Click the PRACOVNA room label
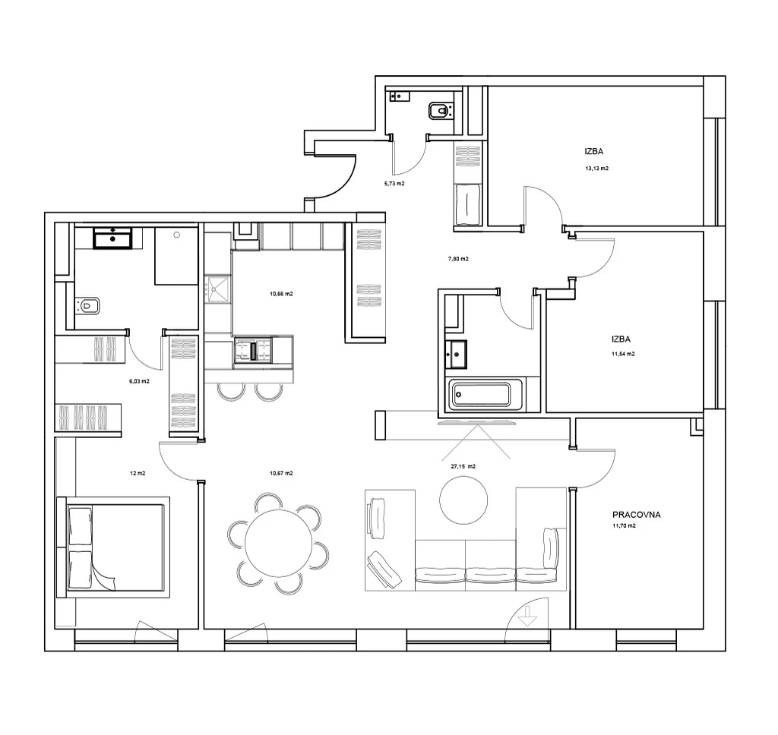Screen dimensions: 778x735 [636, 515]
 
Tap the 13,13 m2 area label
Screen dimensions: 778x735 [597, 168]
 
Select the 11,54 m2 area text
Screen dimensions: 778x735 [623, 354]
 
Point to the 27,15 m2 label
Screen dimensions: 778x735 [463, 466]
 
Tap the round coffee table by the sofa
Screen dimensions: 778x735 [463, 500]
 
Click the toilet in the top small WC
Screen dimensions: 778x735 [441, 110]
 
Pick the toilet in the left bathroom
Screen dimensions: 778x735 [87, 305]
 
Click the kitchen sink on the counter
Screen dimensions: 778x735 [218, 289]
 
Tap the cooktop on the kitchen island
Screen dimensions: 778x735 [253, 350]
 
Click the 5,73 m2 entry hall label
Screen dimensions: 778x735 [394, 184]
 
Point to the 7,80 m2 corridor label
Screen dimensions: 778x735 [458, 259]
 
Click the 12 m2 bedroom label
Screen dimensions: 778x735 [138, 473]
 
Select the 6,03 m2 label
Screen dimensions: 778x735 [139, 381]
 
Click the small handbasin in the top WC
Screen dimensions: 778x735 [400, 96]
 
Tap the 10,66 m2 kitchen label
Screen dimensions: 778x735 [281, 294]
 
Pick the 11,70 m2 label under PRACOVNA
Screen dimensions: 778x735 [625, 525]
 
